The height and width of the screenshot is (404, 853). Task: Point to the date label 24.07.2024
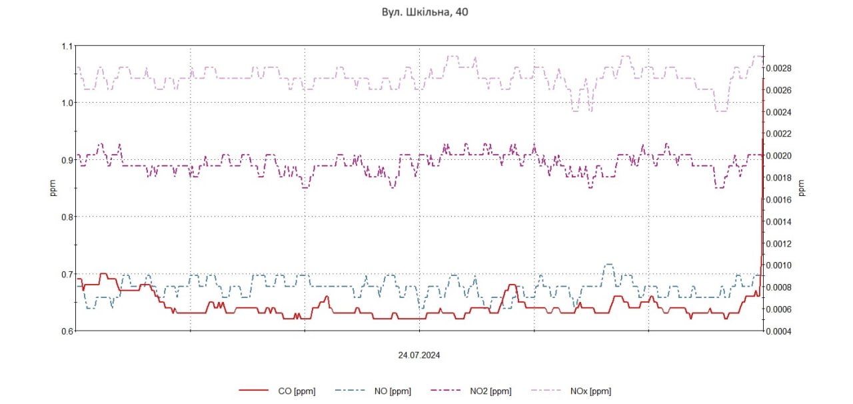click(x=419, y=355)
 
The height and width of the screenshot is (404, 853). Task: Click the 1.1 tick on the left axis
click(x=67, y=46)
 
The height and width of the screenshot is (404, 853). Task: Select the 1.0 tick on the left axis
click(x=67, y=103)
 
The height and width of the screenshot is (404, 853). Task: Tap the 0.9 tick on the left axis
click(x=67, y=160)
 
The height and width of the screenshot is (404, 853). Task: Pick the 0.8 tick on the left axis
click(x=67, y=217)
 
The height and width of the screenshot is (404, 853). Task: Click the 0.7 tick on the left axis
click(x=67, y=274)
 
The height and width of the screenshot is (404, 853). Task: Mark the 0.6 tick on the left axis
click(x=67, y=331)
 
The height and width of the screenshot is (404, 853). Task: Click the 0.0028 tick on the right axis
click(x=778, y=68)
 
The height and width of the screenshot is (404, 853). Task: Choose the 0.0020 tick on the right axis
click(x=778, y=156)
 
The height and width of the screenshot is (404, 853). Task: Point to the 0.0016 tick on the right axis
click(x=778, y=199)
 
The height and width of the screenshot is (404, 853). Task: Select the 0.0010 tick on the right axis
click(x=778, y=265)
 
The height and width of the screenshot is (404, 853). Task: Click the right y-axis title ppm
click(x=802, y=189)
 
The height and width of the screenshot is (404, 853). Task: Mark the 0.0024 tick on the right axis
click(x=778, y=112)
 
